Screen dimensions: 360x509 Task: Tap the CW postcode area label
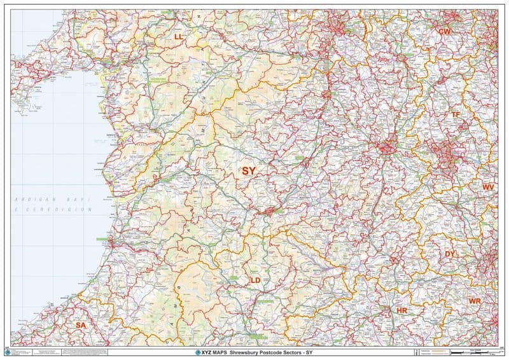tap(444, 31)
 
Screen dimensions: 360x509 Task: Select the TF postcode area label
tap(456, 114)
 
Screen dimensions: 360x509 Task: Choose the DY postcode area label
tap(450, 254)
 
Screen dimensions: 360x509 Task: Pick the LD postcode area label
tap(255, 280)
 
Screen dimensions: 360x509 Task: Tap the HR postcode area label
tap(401, 310)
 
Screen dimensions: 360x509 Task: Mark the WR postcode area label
tap(475, 300)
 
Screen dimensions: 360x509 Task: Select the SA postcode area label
tap(80, 325)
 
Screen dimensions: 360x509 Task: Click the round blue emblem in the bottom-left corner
tap(7, 352)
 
